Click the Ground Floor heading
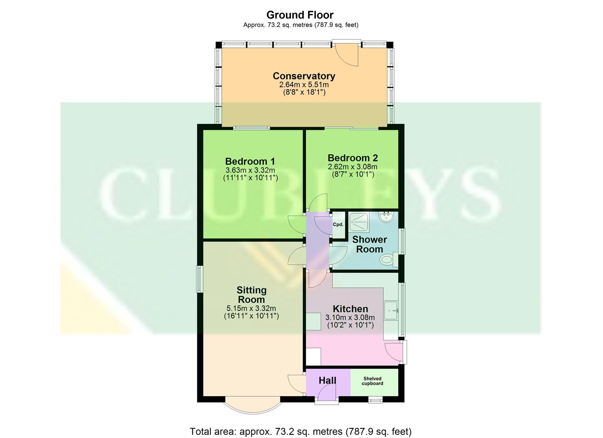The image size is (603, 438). click(x=300, y=15)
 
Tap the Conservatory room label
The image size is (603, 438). click(x=304, y=76)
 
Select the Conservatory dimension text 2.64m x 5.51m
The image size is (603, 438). click(x=304, y=85)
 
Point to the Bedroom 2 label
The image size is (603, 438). click(x=352, y=158)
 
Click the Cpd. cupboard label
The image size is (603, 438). click(x=338, y=225)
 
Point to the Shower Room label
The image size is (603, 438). click(x=369, y=244)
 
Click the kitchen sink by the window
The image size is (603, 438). click(x=391, y=311)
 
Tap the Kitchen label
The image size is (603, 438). click(x=350, y=309)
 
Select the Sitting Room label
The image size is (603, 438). click(x=251, y=295)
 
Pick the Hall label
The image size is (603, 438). click(x=327, y=380)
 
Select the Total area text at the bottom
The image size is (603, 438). click(x=300, y=431)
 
